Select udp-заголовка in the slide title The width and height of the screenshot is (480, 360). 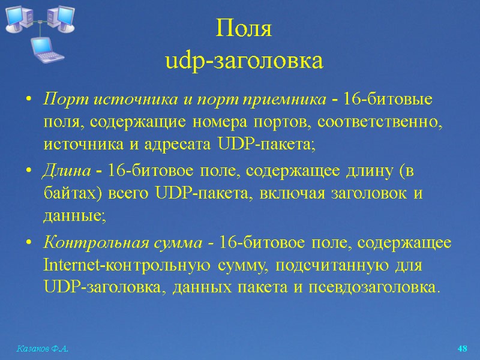click(244, 61)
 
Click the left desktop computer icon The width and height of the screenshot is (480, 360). click(19, 18)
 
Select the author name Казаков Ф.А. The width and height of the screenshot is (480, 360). click(41, 349)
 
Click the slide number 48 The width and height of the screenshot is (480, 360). click(462, 349)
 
